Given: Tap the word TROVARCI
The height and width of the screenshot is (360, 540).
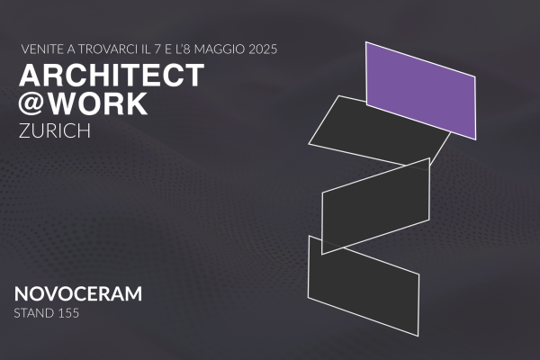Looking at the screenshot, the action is coord(109,49).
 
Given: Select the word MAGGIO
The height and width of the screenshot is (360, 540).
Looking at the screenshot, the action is coord(220,49).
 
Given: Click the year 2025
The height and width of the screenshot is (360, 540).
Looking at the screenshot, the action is coord(263,49).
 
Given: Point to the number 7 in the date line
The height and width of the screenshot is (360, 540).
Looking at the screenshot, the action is coord(157,49).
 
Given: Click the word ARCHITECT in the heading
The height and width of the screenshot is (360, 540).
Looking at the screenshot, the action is coord(112,75).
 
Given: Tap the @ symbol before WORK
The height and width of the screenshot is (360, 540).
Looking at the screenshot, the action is coord(31,103).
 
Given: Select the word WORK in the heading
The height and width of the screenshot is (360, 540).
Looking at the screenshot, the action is coord(96,103).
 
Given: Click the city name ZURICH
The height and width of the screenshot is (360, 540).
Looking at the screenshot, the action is coord(55,130).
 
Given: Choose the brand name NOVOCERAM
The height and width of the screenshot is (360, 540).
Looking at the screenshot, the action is coord(78,294).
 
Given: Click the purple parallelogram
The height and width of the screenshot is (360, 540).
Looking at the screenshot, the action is coord(421,91).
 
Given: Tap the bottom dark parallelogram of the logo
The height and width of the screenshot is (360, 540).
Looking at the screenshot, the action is coord(364,285).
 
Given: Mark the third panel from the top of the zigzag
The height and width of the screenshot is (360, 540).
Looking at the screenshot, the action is coord(375,206).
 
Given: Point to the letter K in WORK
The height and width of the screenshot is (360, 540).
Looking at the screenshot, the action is coord(137,103).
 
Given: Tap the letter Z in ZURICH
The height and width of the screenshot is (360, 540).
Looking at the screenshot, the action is coord(24,130).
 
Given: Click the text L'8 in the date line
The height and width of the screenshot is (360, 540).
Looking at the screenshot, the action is coord(183,49).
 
